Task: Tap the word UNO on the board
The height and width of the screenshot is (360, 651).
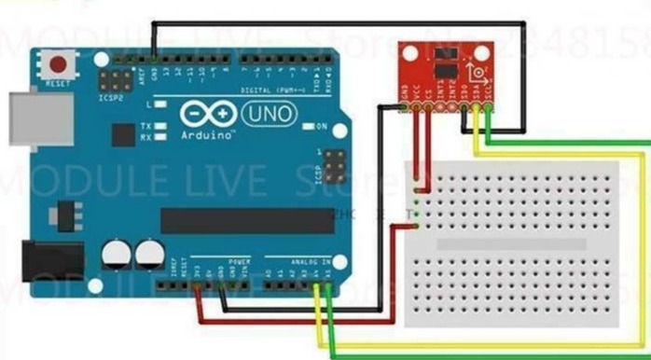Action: click(270, 114)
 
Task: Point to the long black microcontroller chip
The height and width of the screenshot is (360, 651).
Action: click(246, 221)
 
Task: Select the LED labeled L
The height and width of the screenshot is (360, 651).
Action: click(162, 104)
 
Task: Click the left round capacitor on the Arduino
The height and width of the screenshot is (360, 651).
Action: click(116, 253)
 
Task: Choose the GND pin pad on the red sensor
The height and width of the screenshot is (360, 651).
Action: click(405, 106)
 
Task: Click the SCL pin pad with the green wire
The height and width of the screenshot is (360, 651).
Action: click(490, 106)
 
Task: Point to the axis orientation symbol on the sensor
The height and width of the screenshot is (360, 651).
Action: click(478, 72)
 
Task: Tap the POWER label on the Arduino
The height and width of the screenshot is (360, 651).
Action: click(239, 262)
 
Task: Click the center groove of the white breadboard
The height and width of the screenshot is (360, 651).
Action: click(513, 244)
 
